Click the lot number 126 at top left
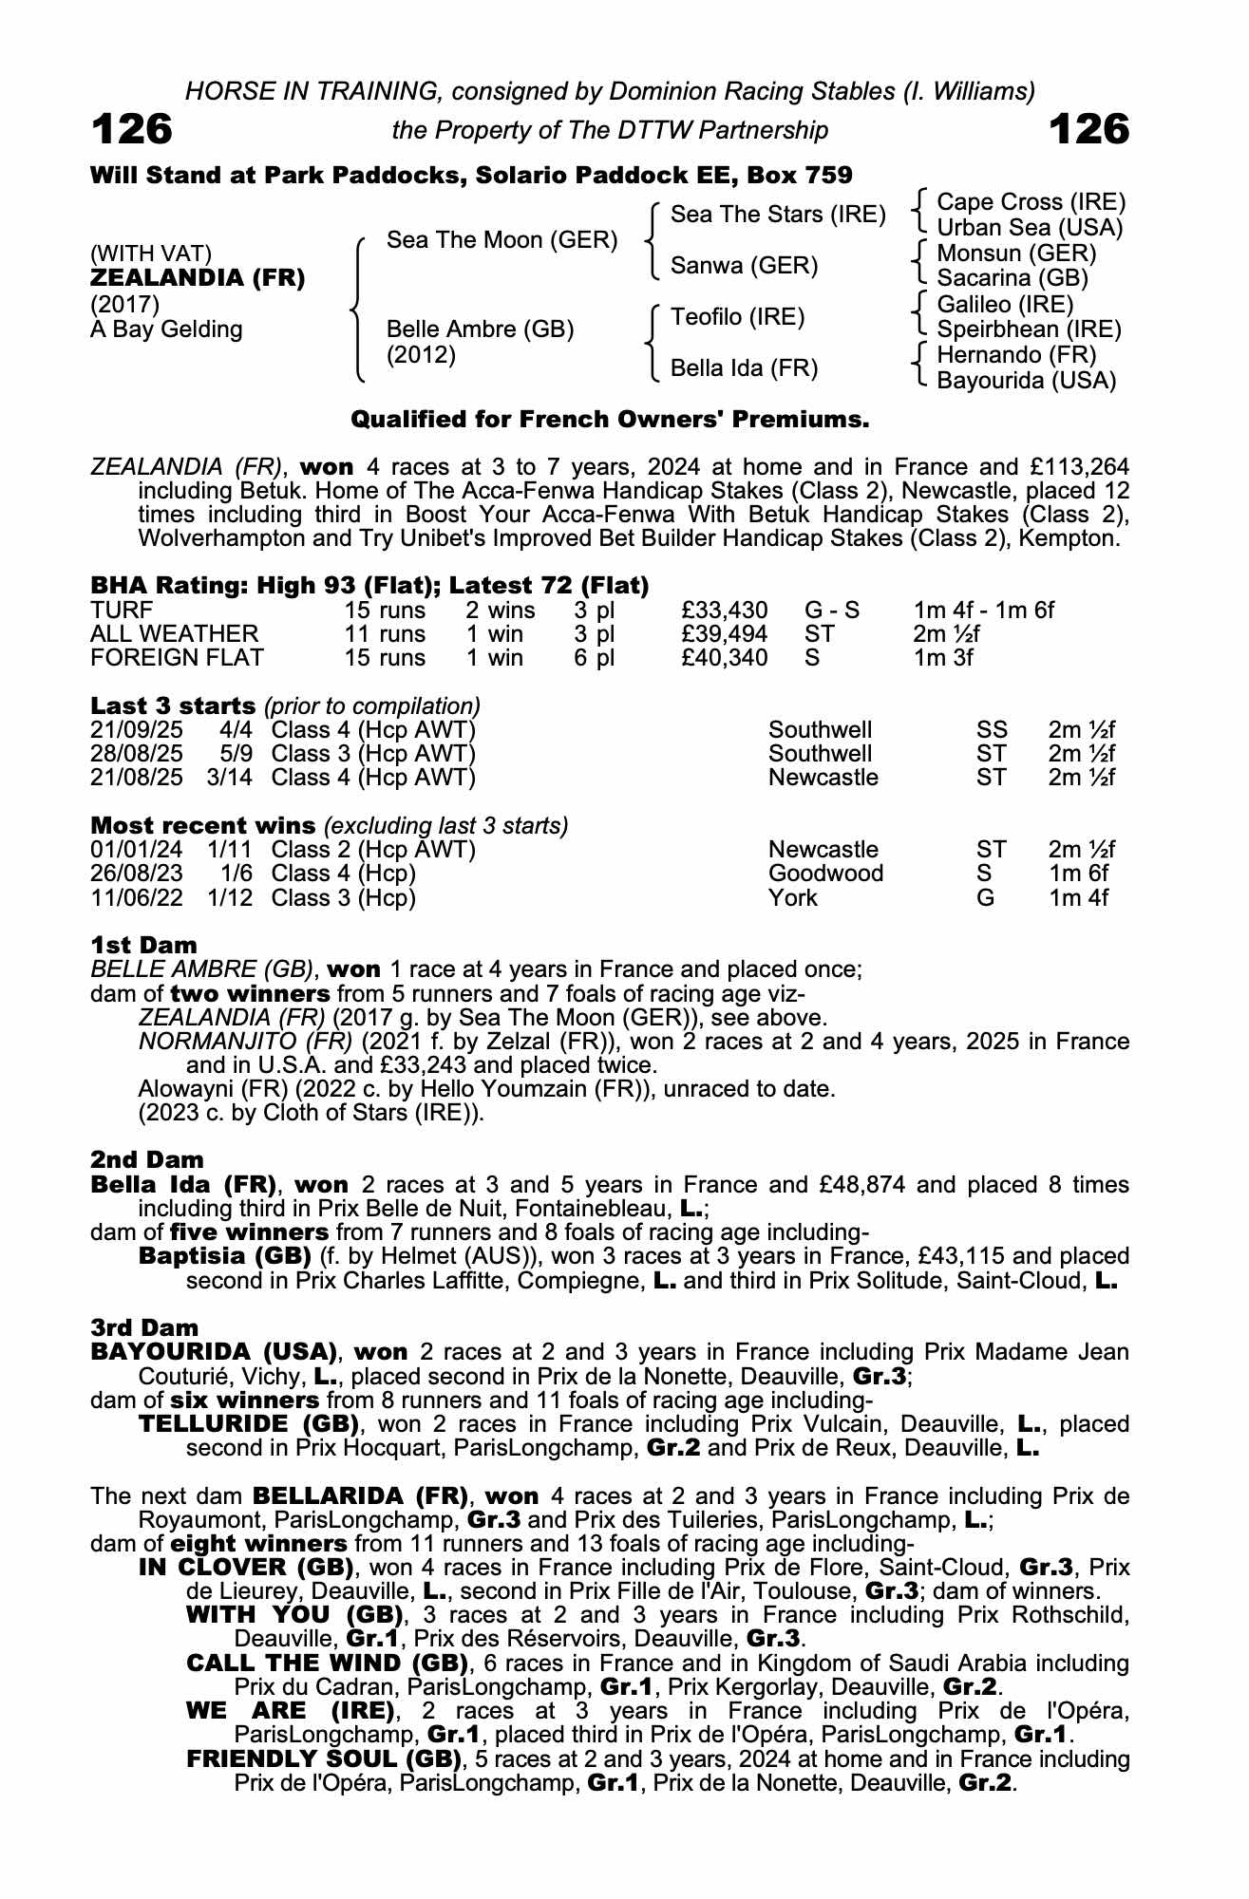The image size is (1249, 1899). tap(132, 129)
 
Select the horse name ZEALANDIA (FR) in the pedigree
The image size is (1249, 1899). tap(198, 278)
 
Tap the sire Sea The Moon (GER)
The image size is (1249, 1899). tap(501, 240)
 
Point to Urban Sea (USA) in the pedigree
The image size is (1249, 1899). tap(1030, 228)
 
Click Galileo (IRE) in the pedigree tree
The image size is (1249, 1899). tap(1005, 304)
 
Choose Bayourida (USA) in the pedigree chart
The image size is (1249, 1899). tap(1026, 381)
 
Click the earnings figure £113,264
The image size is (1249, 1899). tap(1069, 467)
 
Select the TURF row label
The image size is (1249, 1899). tap(122, 610)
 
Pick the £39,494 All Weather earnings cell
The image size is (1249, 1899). tap(724, 634)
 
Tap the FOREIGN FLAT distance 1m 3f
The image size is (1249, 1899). tap(942, 658)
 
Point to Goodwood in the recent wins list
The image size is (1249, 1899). tap(825, 874)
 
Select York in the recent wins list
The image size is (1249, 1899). tap(792, 897)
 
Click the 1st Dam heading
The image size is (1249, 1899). tap(143, 945)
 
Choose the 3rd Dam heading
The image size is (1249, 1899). tap(144, 1327)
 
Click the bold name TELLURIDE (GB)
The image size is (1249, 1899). tap(249, 1424)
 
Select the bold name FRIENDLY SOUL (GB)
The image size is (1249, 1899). tap(323, 1758)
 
